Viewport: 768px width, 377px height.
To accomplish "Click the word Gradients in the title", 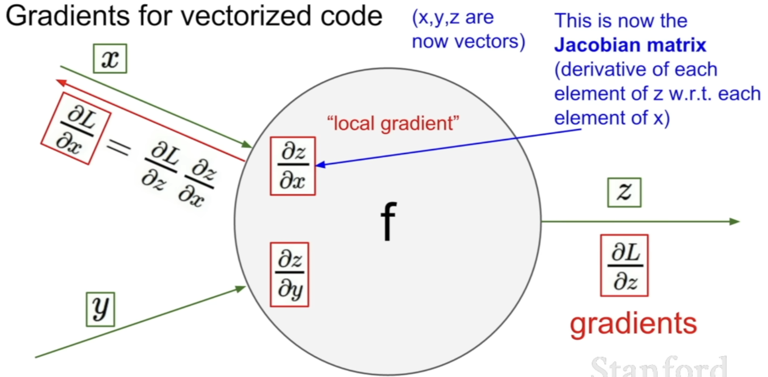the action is [x=67, y=16].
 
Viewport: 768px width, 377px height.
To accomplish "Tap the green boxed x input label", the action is [x=110, y=58].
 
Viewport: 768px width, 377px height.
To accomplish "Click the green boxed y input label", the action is [x=100, y=309].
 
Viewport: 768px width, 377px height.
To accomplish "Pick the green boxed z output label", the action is [x=624, y=192].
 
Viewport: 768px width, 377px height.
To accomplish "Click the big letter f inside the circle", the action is [x=388, y=221].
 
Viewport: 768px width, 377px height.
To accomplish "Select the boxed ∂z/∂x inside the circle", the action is [x=293, y=166].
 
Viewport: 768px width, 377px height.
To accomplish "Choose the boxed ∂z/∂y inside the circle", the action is [x=290, y=275].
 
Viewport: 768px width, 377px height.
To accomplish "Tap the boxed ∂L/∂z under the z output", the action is [x=624, y=265].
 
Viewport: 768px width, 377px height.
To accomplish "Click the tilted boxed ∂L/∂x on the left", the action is [x=76, y=128].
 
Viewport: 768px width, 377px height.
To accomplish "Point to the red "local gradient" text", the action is [x=393, y=123].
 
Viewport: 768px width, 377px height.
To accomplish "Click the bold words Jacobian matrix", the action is [x=630, y=45].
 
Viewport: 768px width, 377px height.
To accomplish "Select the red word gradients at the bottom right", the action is [x=633, y=324].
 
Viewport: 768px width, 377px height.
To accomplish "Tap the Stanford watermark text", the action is [x=659, y=367].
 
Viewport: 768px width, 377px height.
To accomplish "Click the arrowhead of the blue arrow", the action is [x=319, y=165].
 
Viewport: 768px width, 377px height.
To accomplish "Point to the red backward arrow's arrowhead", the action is [x=60, y=82].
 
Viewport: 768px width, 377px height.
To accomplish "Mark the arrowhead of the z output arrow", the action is [x=735, y=221].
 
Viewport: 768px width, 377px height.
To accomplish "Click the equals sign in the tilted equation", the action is [x=119, y=149].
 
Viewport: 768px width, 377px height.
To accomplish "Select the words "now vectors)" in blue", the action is [x=468, y=41].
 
